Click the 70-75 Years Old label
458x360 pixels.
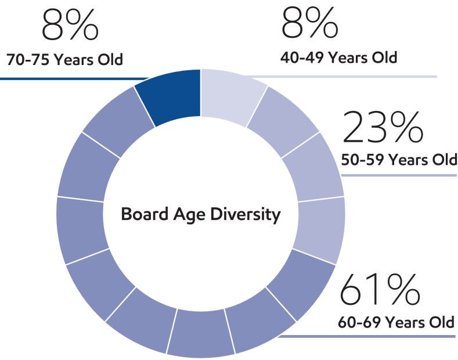click(x=64, y=60)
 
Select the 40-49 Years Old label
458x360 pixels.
click(x=338, y=58)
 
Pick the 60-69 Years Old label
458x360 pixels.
click(x=396, y=322)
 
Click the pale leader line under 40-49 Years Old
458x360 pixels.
click(x=348, y=76)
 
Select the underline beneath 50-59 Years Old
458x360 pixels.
click(x=401, y=175)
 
